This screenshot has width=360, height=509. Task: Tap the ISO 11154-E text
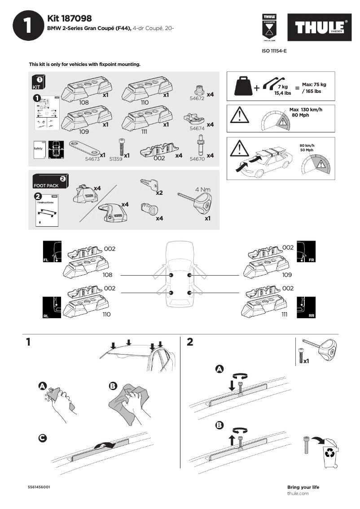coord(274,51)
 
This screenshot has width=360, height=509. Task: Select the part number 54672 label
coord(197,98)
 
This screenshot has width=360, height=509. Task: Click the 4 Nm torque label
coord(202,189)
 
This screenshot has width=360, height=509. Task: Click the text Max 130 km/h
coord(306,110)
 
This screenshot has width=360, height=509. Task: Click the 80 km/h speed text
coord(307,145)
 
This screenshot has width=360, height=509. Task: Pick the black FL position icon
coord(51,251)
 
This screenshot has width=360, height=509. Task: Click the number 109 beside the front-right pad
coord(287,275)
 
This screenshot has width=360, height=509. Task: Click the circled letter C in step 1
coord(42,438)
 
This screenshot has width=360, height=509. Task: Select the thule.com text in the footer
coord(298,493)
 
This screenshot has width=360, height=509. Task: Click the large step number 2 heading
coord(190,342)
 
